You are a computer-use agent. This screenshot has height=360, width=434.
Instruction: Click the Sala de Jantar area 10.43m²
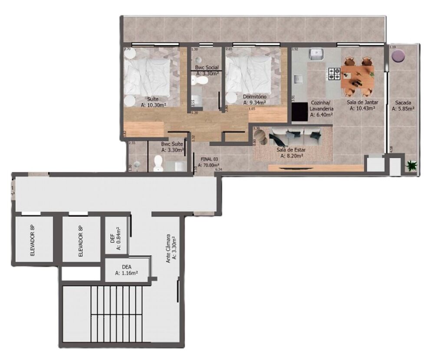[362, 108]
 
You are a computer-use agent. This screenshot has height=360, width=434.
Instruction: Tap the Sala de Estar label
[291, 150]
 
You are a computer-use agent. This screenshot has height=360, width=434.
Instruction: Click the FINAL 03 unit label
[210, 159]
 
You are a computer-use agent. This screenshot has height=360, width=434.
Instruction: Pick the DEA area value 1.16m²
[126, 273]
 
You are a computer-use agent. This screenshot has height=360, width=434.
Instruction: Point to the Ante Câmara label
[168, 247]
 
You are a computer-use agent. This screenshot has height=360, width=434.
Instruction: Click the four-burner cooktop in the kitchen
[334, 73]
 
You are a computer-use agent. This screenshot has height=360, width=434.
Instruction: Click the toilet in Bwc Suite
[158, 164]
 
